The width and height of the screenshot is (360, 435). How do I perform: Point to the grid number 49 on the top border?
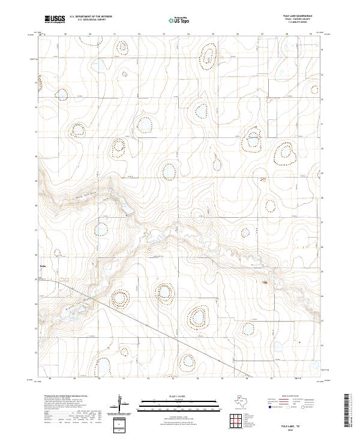click(x=65, y=34)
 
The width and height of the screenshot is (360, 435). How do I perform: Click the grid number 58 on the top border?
click(x=287, y=34)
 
